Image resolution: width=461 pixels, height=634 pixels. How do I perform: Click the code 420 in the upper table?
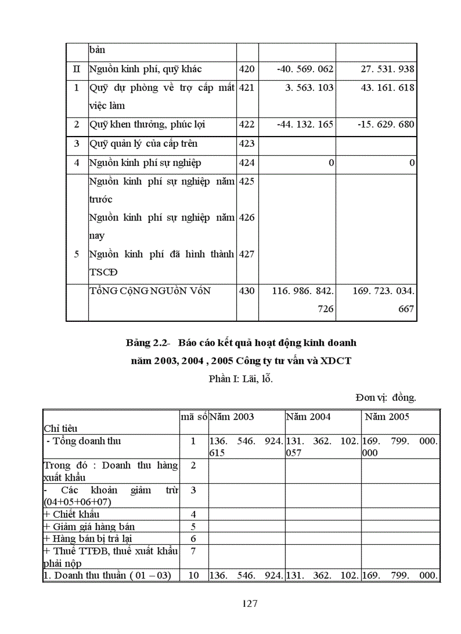247,69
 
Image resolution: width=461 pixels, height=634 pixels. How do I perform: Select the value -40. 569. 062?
306,69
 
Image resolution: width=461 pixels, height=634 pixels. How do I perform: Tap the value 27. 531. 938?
388,69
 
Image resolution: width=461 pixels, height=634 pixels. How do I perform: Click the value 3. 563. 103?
310,88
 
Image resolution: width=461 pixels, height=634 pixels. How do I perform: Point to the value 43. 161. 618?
388,88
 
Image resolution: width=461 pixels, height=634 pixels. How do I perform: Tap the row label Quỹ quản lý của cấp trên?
143,143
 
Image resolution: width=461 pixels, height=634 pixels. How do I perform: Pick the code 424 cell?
247,163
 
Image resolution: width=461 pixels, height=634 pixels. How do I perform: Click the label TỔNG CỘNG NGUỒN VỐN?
150,291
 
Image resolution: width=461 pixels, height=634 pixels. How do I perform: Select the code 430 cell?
247,291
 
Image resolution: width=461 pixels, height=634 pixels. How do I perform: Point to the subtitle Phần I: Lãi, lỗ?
241,379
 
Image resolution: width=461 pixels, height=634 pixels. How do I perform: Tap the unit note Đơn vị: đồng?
386,397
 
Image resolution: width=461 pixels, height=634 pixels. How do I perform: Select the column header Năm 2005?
387,417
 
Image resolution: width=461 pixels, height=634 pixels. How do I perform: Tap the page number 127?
250,604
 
